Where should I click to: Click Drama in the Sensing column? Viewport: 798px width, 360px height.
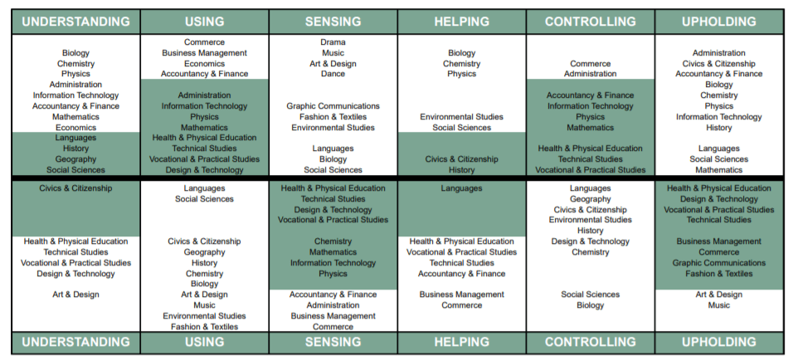coord(333,42)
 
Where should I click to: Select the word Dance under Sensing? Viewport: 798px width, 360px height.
coord(333,74)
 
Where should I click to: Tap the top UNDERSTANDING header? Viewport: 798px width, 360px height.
coord(75,22)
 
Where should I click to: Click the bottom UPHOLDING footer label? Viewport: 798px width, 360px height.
coord(718,342)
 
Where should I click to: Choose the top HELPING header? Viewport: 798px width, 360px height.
coord(461,22)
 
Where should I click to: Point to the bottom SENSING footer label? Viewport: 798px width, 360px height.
coord(333,342)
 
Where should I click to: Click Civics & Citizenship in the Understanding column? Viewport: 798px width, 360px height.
coord(75,188)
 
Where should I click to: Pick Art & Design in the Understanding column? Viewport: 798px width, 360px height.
coord(75,294)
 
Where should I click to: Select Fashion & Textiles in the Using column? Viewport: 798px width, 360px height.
coord(204,327)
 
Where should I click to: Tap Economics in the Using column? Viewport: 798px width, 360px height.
coord(204,63)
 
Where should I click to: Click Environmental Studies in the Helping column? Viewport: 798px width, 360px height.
coord(461,117)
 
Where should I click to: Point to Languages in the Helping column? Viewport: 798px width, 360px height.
coord(461,188)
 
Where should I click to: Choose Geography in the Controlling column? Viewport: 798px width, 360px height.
coord(590,199)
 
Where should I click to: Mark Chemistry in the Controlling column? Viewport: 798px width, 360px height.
coord(590,252)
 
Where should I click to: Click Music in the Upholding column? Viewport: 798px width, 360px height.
coord(718,305)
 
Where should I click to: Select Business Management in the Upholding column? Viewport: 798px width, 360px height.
coord(718,241)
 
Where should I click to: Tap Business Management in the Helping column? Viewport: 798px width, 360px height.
coord(461,294)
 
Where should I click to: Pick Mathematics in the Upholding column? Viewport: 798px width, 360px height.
coord(718,170)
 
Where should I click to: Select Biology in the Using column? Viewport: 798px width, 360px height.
coord(204,284)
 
